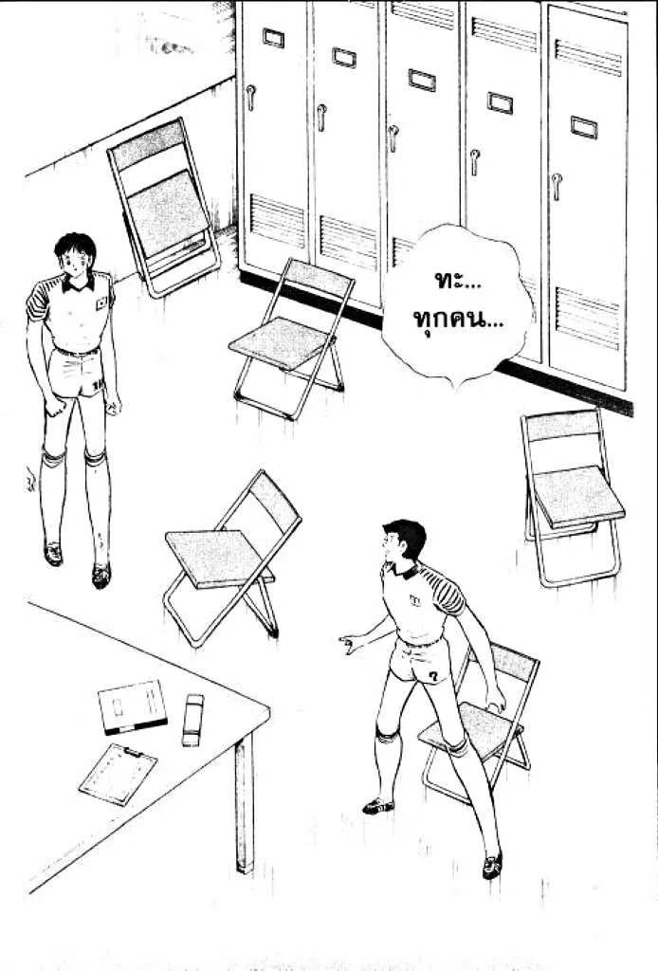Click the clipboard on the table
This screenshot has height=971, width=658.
[118, 774]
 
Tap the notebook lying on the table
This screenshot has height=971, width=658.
[133, 706]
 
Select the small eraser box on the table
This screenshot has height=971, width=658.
[192, 720]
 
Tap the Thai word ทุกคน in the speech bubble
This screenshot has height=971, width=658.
[457, 321]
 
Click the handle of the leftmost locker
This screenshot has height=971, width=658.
[250, 98]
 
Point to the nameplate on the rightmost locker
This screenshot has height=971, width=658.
[583, 127]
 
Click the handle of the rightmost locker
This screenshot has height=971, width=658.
[557, 186]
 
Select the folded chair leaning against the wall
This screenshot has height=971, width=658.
[164, 206]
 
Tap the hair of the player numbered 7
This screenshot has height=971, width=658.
[407, 537]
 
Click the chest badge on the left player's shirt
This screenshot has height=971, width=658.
[101, 302]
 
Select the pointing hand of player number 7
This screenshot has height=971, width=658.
[351, 644]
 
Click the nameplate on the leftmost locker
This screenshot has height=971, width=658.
[273, 38]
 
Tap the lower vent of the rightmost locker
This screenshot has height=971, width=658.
[587, 318]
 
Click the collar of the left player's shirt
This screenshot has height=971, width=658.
[78, 284]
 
